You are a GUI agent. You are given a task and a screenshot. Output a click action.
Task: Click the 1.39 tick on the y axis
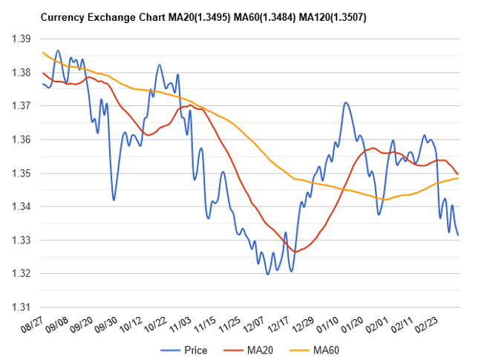(x=22, y=39)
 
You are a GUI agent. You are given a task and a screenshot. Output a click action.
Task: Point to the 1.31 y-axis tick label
(x=22, y=307)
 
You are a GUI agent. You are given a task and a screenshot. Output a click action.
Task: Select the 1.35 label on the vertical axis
(x=22, y=173)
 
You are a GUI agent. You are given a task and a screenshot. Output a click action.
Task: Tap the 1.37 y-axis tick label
(x=22, y=106)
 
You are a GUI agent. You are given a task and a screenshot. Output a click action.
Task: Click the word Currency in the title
(x=62, y=16)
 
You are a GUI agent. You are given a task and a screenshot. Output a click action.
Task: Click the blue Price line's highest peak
(x=58, y=50)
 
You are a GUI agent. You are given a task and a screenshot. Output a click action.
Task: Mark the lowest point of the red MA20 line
(x=295, y=252)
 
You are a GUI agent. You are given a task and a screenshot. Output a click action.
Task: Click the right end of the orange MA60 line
(x=458, y=178)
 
